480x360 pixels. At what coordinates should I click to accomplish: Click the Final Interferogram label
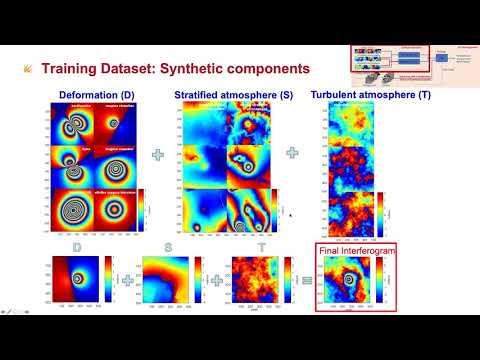(352, 250)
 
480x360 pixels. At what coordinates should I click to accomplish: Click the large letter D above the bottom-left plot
(77, 246)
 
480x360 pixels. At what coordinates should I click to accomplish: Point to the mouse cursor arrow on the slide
(290, 213)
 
